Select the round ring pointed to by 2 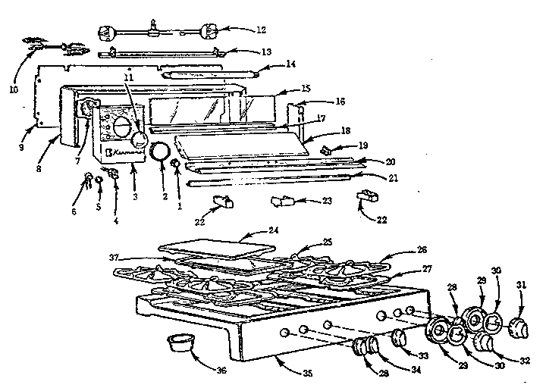point(159,151)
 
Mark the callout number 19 point(343,144)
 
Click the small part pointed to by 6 point(89,178)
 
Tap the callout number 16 point(340,101)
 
